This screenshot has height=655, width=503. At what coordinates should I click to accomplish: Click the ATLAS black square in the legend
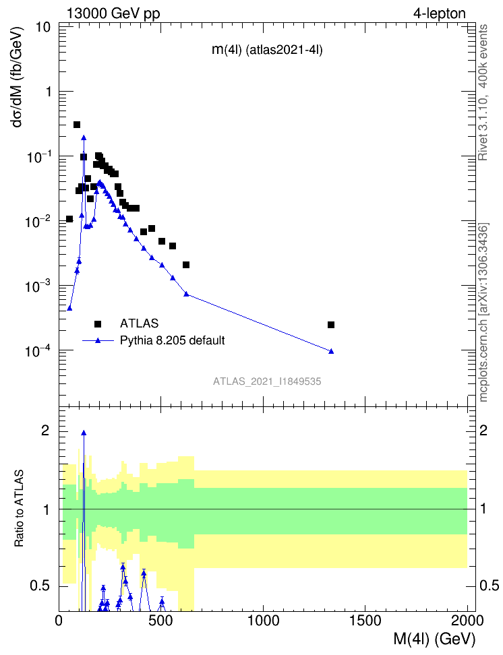click(x=98, y=323)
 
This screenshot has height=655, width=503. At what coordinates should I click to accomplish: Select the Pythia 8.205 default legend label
click(x=172, y=340)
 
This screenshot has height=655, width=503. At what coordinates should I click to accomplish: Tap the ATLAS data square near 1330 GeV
click(x=331, y=325)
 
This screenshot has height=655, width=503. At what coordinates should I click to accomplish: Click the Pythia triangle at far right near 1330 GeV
click(x=331, y=351)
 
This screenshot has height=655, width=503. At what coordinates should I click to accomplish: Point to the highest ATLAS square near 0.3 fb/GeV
click(x=77, y=125)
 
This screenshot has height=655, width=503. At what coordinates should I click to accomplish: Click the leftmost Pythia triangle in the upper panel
click(x=69, y=308)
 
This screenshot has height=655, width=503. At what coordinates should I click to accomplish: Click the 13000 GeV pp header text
click(x=113, y=13)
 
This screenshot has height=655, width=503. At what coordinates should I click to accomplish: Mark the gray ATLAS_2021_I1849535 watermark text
click(x=267, y=381)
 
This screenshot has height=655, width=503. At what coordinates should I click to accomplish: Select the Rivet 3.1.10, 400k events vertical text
click(x=483, y=92)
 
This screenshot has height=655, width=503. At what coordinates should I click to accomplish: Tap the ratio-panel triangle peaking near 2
click(x=84, y=433)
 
